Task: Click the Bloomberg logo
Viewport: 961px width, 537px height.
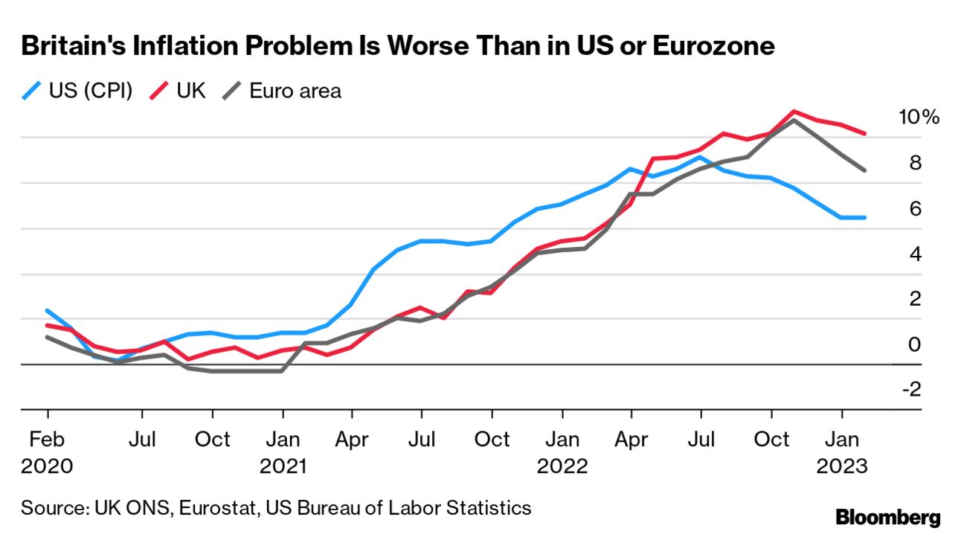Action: click(887, 517)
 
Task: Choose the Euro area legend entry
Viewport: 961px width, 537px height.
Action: click(283, 91)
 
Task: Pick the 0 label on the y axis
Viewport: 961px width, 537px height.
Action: click(915, 344)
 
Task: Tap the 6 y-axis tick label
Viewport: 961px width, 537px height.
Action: click(915, 209)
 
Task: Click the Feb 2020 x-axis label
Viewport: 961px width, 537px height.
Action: click(48, 452)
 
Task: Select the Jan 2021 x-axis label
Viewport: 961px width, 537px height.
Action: click(283, 452)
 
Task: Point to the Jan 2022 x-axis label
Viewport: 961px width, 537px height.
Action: click(562, 452)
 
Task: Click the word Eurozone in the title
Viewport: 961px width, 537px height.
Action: click(713, 46)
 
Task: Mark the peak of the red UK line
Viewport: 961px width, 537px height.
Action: click(794, 112)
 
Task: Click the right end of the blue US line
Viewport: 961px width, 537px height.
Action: click(864, 217)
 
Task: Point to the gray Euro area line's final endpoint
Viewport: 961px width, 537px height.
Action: click(864, 170)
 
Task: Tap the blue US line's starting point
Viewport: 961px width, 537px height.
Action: click(48, 311)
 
